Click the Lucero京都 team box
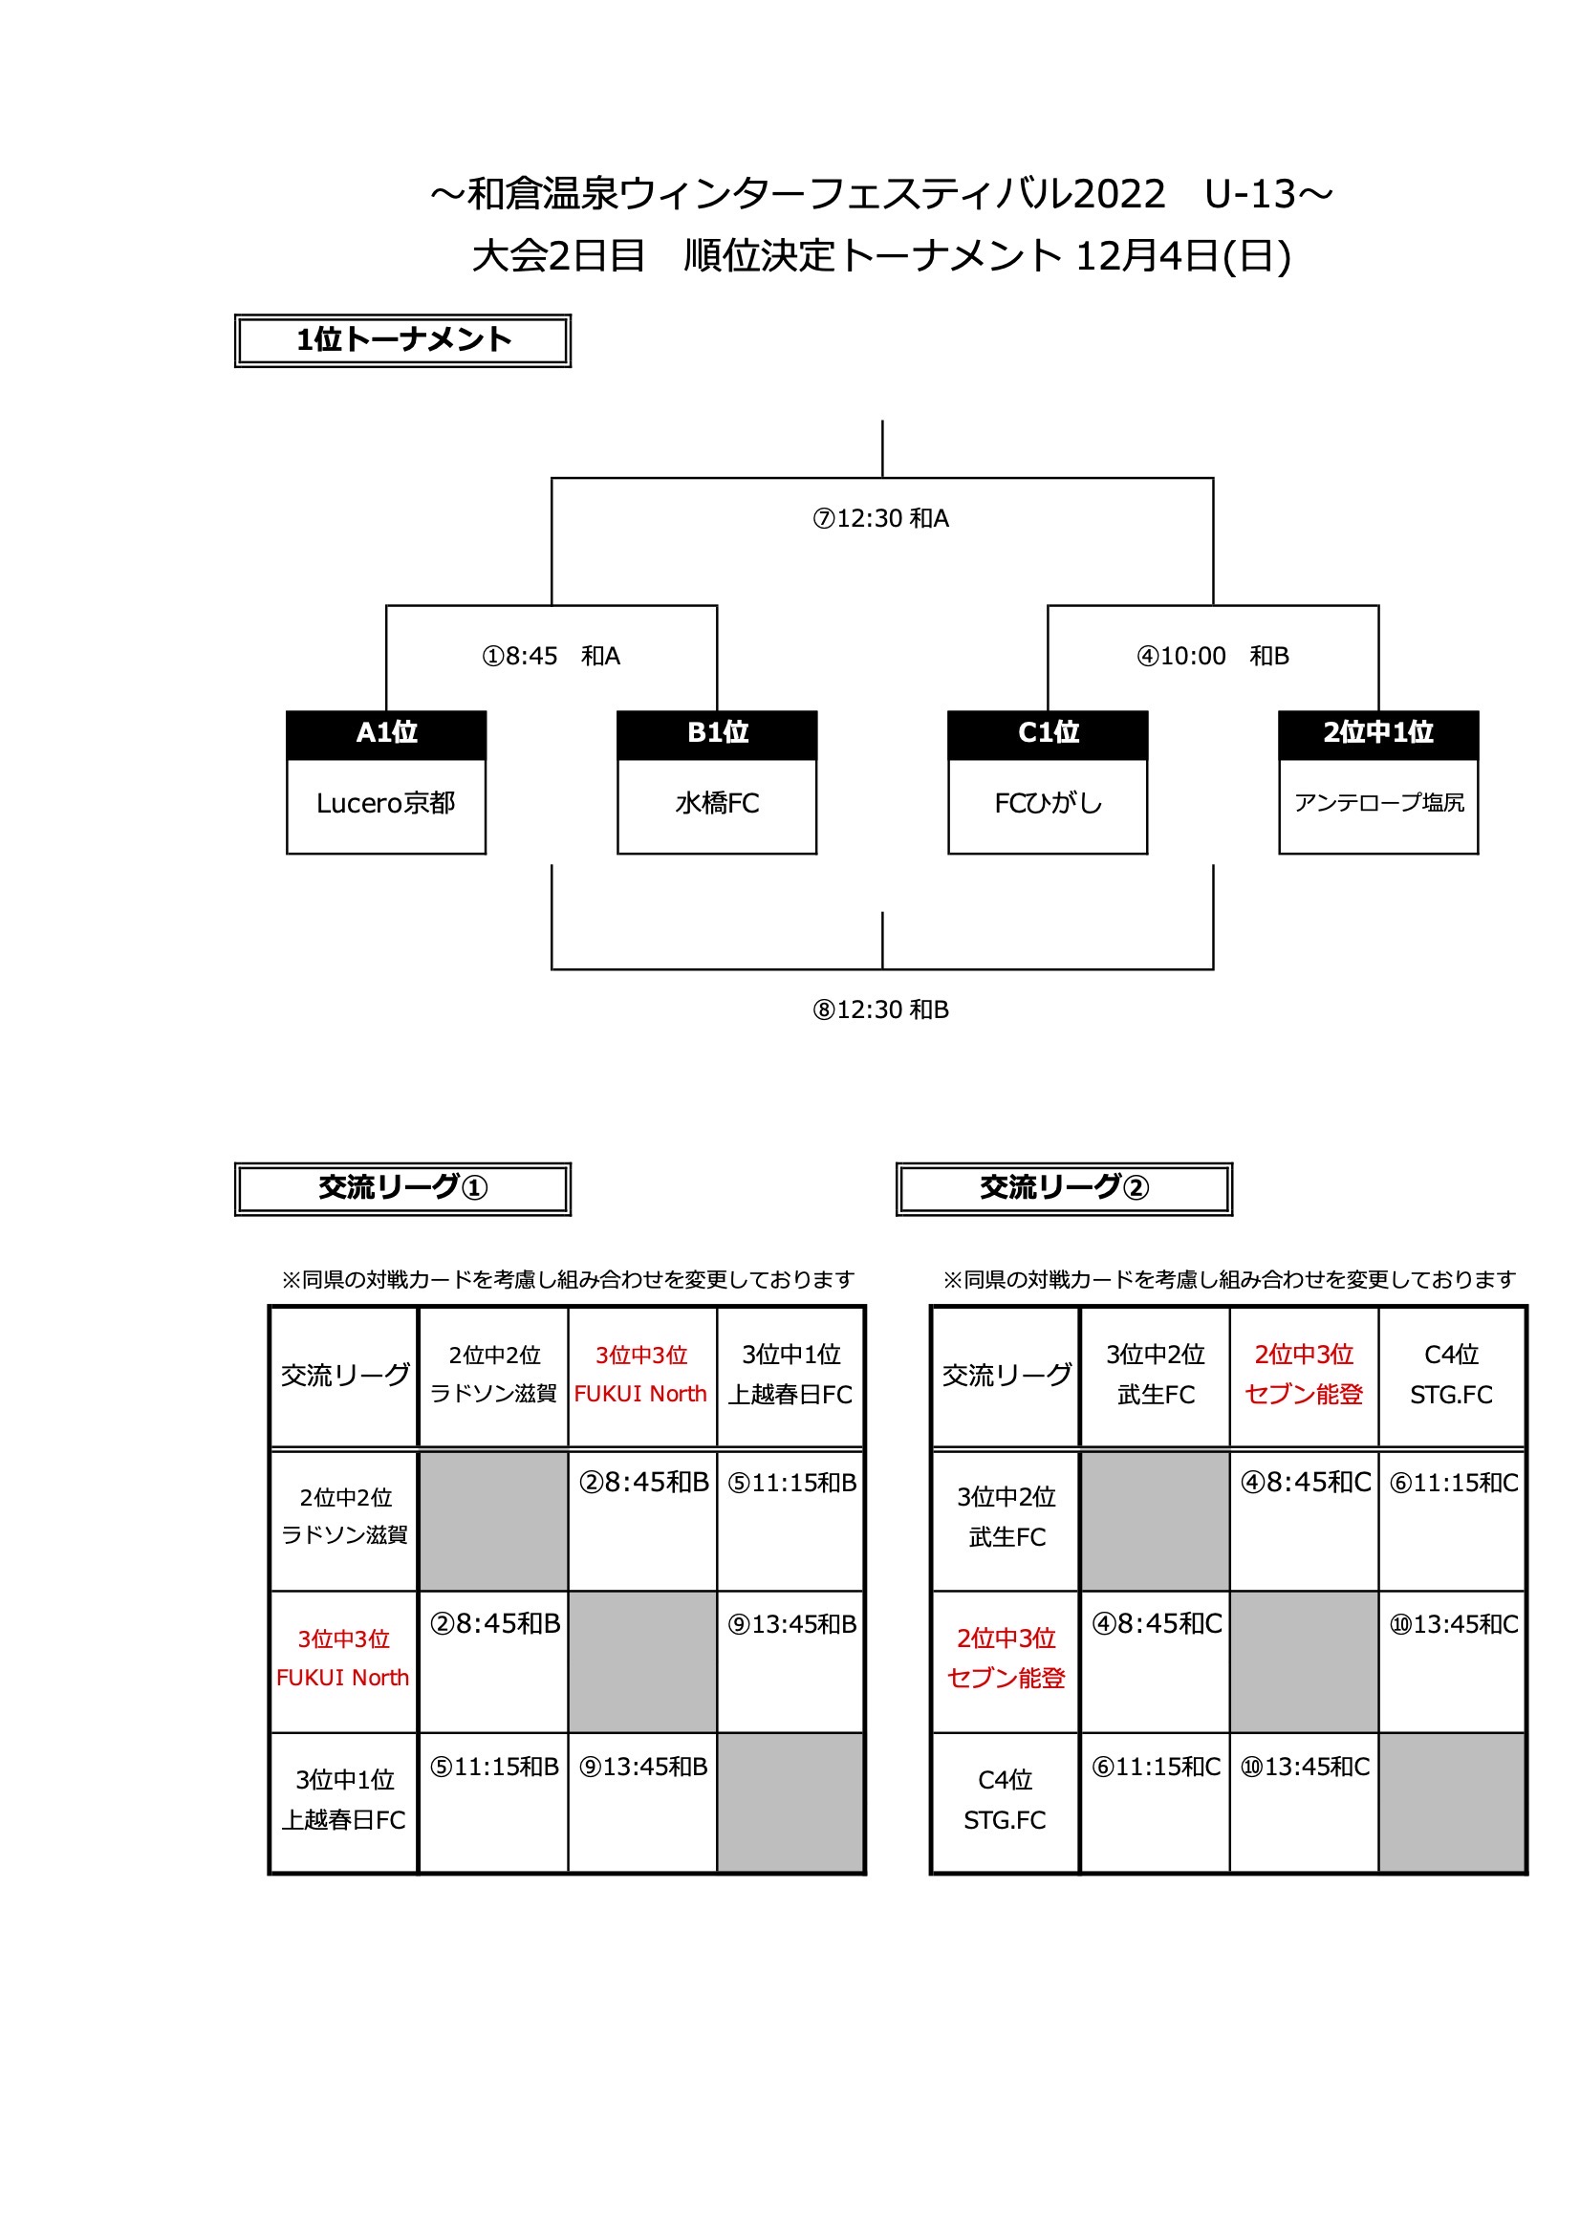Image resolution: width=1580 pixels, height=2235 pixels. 385,804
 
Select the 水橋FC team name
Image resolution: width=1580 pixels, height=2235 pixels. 717,804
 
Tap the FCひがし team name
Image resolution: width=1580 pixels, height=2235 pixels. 1048,804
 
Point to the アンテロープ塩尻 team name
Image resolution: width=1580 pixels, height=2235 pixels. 1378,803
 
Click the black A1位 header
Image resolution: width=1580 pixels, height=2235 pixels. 386,733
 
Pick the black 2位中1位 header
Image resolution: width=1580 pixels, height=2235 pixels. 1378,733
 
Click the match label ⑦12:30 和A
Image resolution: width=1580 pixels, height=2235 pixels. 881,519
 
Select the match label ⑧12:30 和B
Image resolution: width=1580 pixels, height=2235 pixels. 881,1010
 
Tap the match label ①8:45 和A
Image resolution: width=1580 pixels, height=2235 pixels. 551,657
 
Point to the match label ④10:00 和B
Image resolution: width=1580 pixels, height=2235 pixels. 1213,657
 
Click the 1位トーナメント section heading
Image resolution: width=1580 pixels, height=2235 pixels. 403,340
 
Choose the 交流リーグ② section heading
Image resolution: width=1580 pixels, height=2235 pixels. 1064,1188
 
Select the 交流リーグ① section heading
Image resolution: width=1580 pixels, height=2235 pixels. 403,1188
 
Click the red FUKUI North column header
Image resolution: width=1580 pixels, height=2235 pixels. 640,1395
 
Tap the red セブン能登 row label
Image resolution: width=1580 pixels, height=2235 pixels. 1006,1680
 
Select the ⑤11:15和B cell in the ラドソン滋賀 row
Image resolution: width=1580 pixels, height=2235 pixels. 792,1484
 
